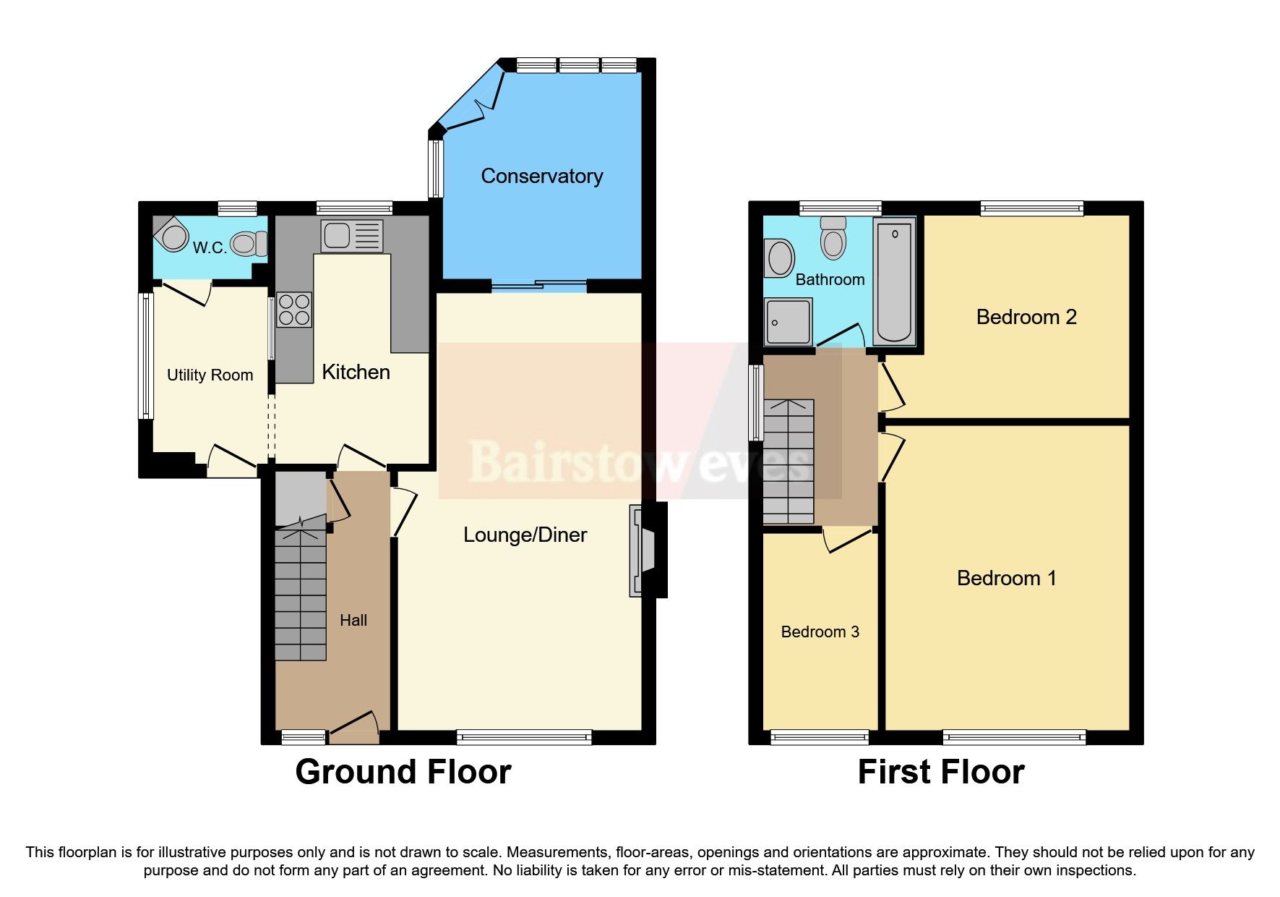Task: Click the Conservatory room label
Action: [541, 176]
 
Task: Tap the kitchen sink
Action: [351, 236]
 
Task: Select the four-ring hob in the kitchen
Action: [293, 310]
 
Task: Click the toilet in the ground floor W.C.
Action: [249, 244]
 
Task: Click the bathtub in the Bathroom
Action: [894, 282]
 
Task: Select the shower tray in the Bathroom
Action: [788, 321]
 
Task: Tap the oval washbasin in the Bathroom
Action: [780, 258]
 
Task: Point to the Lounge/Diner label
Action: [525, 535]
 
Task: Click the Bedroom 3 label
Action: [820, 632]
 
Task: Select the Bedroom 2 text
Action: [1026, 317]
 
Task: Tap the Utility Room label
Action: [210, 375]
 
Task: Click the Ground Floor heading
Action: [403, 772]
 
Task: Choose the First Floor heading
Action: [940, 772]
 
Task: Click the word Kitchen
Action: [356, 372]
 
